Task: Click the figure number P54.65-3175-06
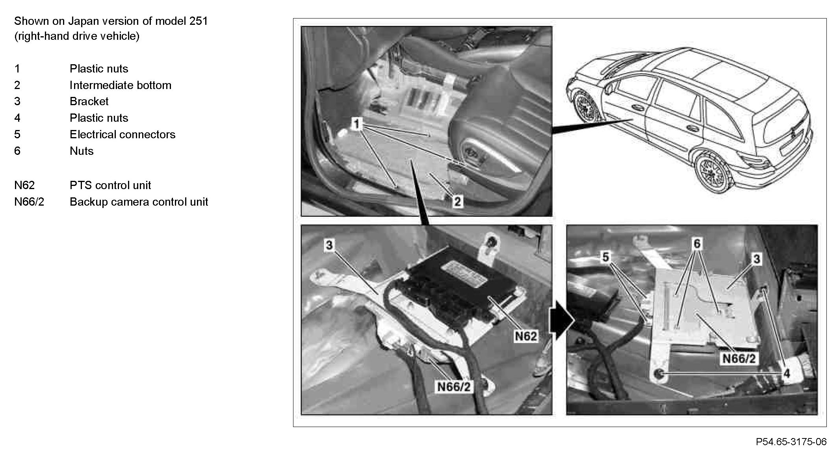coord(791,442)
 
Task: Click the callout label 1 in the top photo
coord(356,124)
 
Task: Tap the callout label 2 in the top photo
coord(457,202)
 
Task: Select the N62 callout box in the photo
coord(526,336)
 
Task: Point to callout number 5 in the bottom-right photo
coord(605,257)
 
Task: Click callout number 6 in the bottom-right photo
coord(697,244)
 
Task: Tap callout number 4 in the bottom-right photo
coord(786,373)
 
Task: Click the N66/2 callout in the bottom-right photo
coord(739,358)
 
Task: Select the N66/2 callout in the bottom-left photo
coord(454,387)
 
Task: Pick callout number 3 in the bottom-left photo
coord(329,245)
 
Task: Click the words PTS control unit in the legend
coord(110,185)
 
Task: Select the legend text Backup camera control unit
coord(139,202)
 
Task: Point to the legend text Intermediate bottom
coord(121,85)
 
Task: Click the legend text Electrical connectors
coord(123,134)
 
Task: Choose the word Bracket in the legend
coord(89,101)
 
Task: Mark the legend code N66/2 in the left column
coord(29,202)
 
